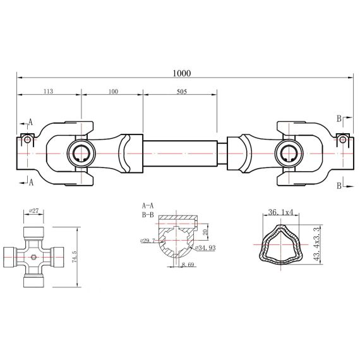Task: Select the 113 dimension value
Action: pos(47,92)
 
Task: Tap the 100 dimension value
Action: pos(113,92)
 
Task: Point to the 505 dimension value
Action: pos(181,92)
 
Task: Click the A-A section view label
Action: pos(148,205)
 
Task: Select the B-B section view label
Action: pos(148,214)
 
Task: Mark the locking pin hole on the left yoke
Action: pos(26,139)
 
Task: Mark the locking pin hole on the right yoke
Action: pos(342,139)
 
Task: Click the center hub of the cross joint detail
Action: pos(35,255)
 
